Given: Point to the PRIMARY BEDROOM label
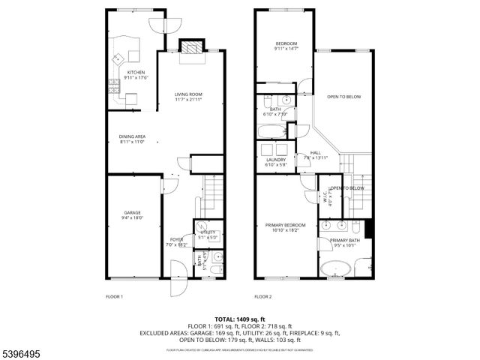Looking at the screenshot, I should click(x=285, y=227).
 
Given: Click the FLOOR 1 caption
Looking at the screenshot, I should click(x=114, y=296).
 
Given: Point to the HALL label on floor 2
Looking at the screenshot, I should click(x=316, y=154).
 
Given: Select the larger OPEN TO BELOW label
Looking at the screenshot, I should click(x=343, y=97).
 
